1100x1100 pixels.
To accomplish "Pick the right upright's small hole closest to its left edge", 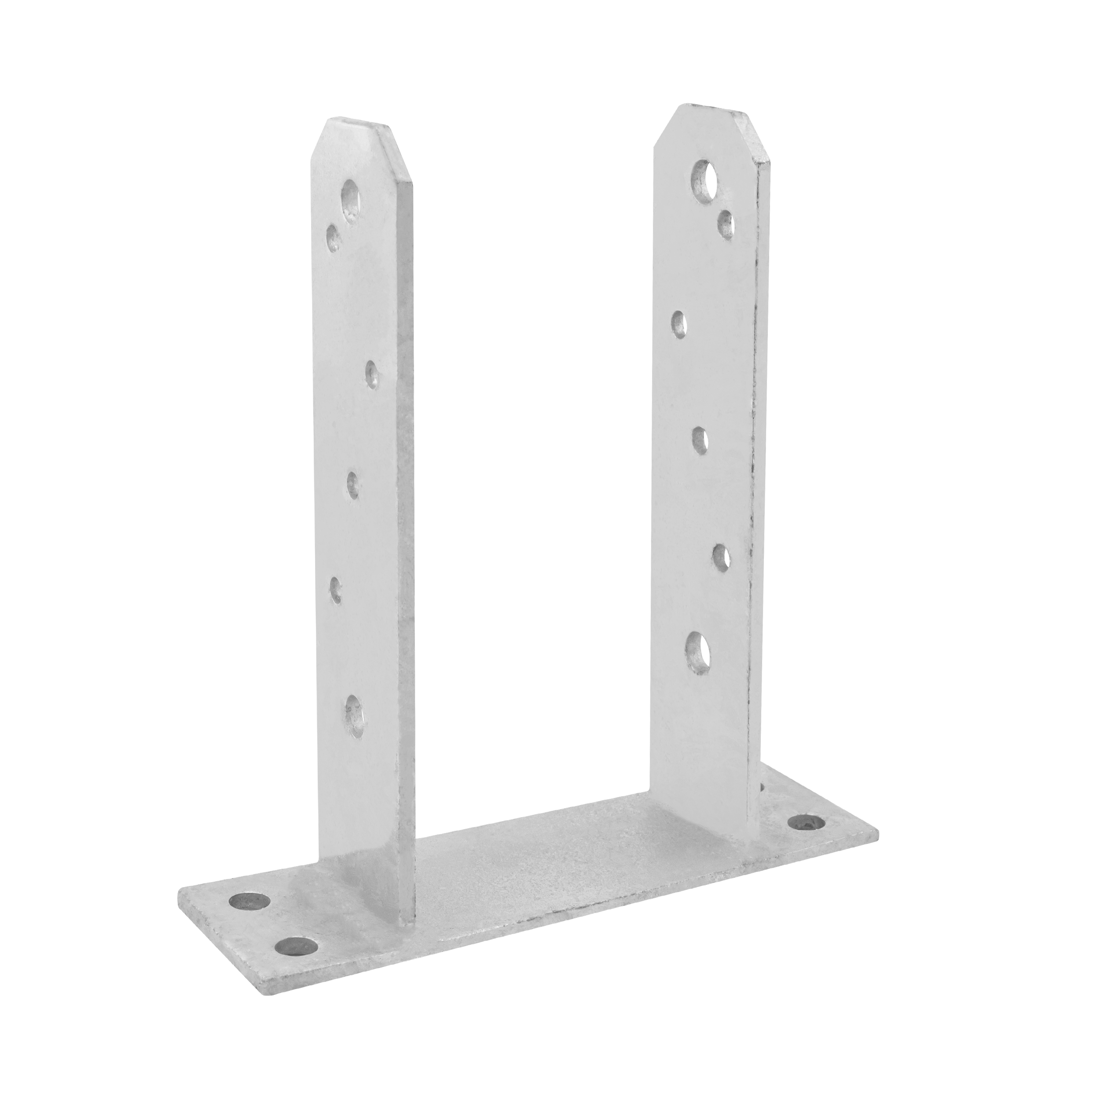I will click(678, 325).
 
